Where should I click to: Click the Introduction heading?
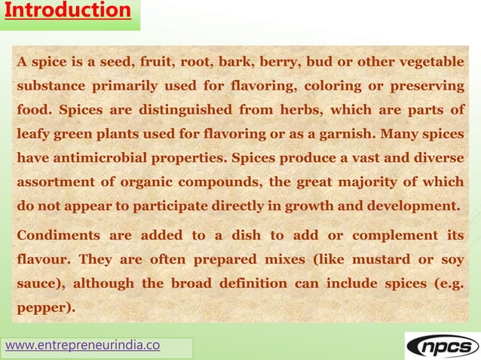pyautogui.click(x=66, y=11)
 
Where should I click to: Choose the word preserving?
pyautogui.click(x=425, y=87)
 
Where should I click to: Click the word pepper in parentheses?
pyautogui.click(x=45, y=308)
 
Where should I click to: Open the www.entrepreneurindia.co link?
pyautogui.click(x=82, y=346)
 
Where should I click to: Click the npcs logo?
pyautogui.click(x=442, y=346)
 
